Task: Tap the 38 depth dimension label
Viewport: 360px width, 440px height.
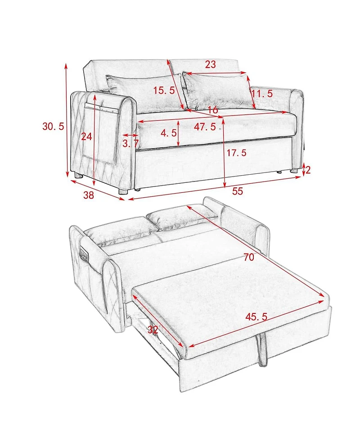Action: [x=89, y=195]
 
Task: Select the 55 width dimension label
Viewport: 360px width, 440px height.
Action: [x=237, y=191]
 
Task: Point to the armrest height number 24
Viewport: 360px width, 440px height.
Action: [x=86, y=136]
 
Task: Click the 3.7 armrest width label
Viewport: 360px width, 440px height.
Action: [x=130, y=144]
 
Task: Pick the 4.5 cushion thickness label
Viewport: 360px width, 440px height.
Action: [x=168, y=133]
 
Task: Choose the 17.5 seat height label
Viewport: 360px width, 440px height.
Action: [x=236, y=153]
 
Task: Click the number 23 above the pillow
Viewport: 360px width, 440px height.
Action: [x=210, y=64]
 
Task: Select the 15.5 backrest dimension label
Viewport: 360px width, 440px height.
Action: [x=163, y=90]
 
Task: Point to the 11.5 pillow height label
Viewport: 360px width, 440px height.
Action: [x=262, y=94]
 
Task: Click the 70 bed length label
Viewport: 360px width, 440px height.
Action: [x=248, y=257]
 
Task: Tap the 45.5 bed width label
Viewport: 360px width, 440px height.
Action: [x=256, y=317]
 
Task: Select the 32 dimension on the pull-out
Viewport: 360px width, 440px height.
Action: [x=153, y=330]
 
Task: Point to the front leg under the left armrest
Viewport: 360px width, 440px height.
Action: [x=121, y=191]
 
